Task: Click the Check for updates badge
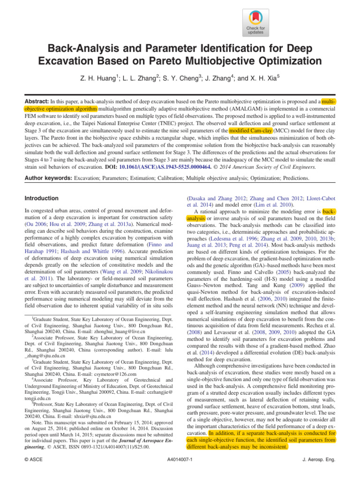[x=255, y=22]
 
